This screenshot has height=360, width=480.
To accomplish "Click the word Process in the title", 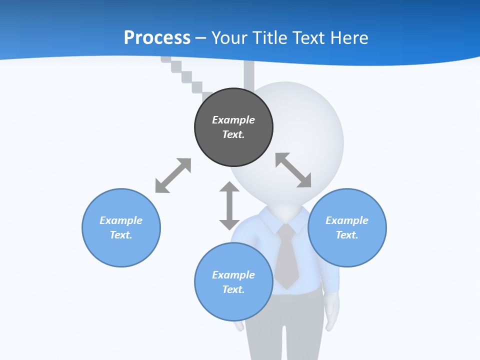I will [157, 38].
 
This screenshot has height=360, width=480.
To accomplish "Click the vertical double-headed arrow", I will [229, 205].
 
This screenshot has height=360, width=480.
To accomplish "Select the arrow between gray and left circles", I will [173, 175].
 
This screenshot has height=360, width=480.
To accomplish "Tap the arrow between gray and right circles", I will [293, 170].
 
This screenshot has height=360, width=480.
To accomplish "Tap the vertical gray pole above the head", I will [249, 75].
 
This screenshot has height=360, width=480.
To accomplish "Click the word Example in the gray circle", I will [233, 120].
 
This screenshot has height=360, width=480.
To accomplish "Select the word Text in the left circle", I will [121, 235].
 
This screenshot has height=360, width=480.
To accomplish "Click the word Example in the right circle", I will [347, 220].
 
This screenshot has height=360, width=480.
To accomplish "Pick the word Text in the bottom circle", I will [233, 289].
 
